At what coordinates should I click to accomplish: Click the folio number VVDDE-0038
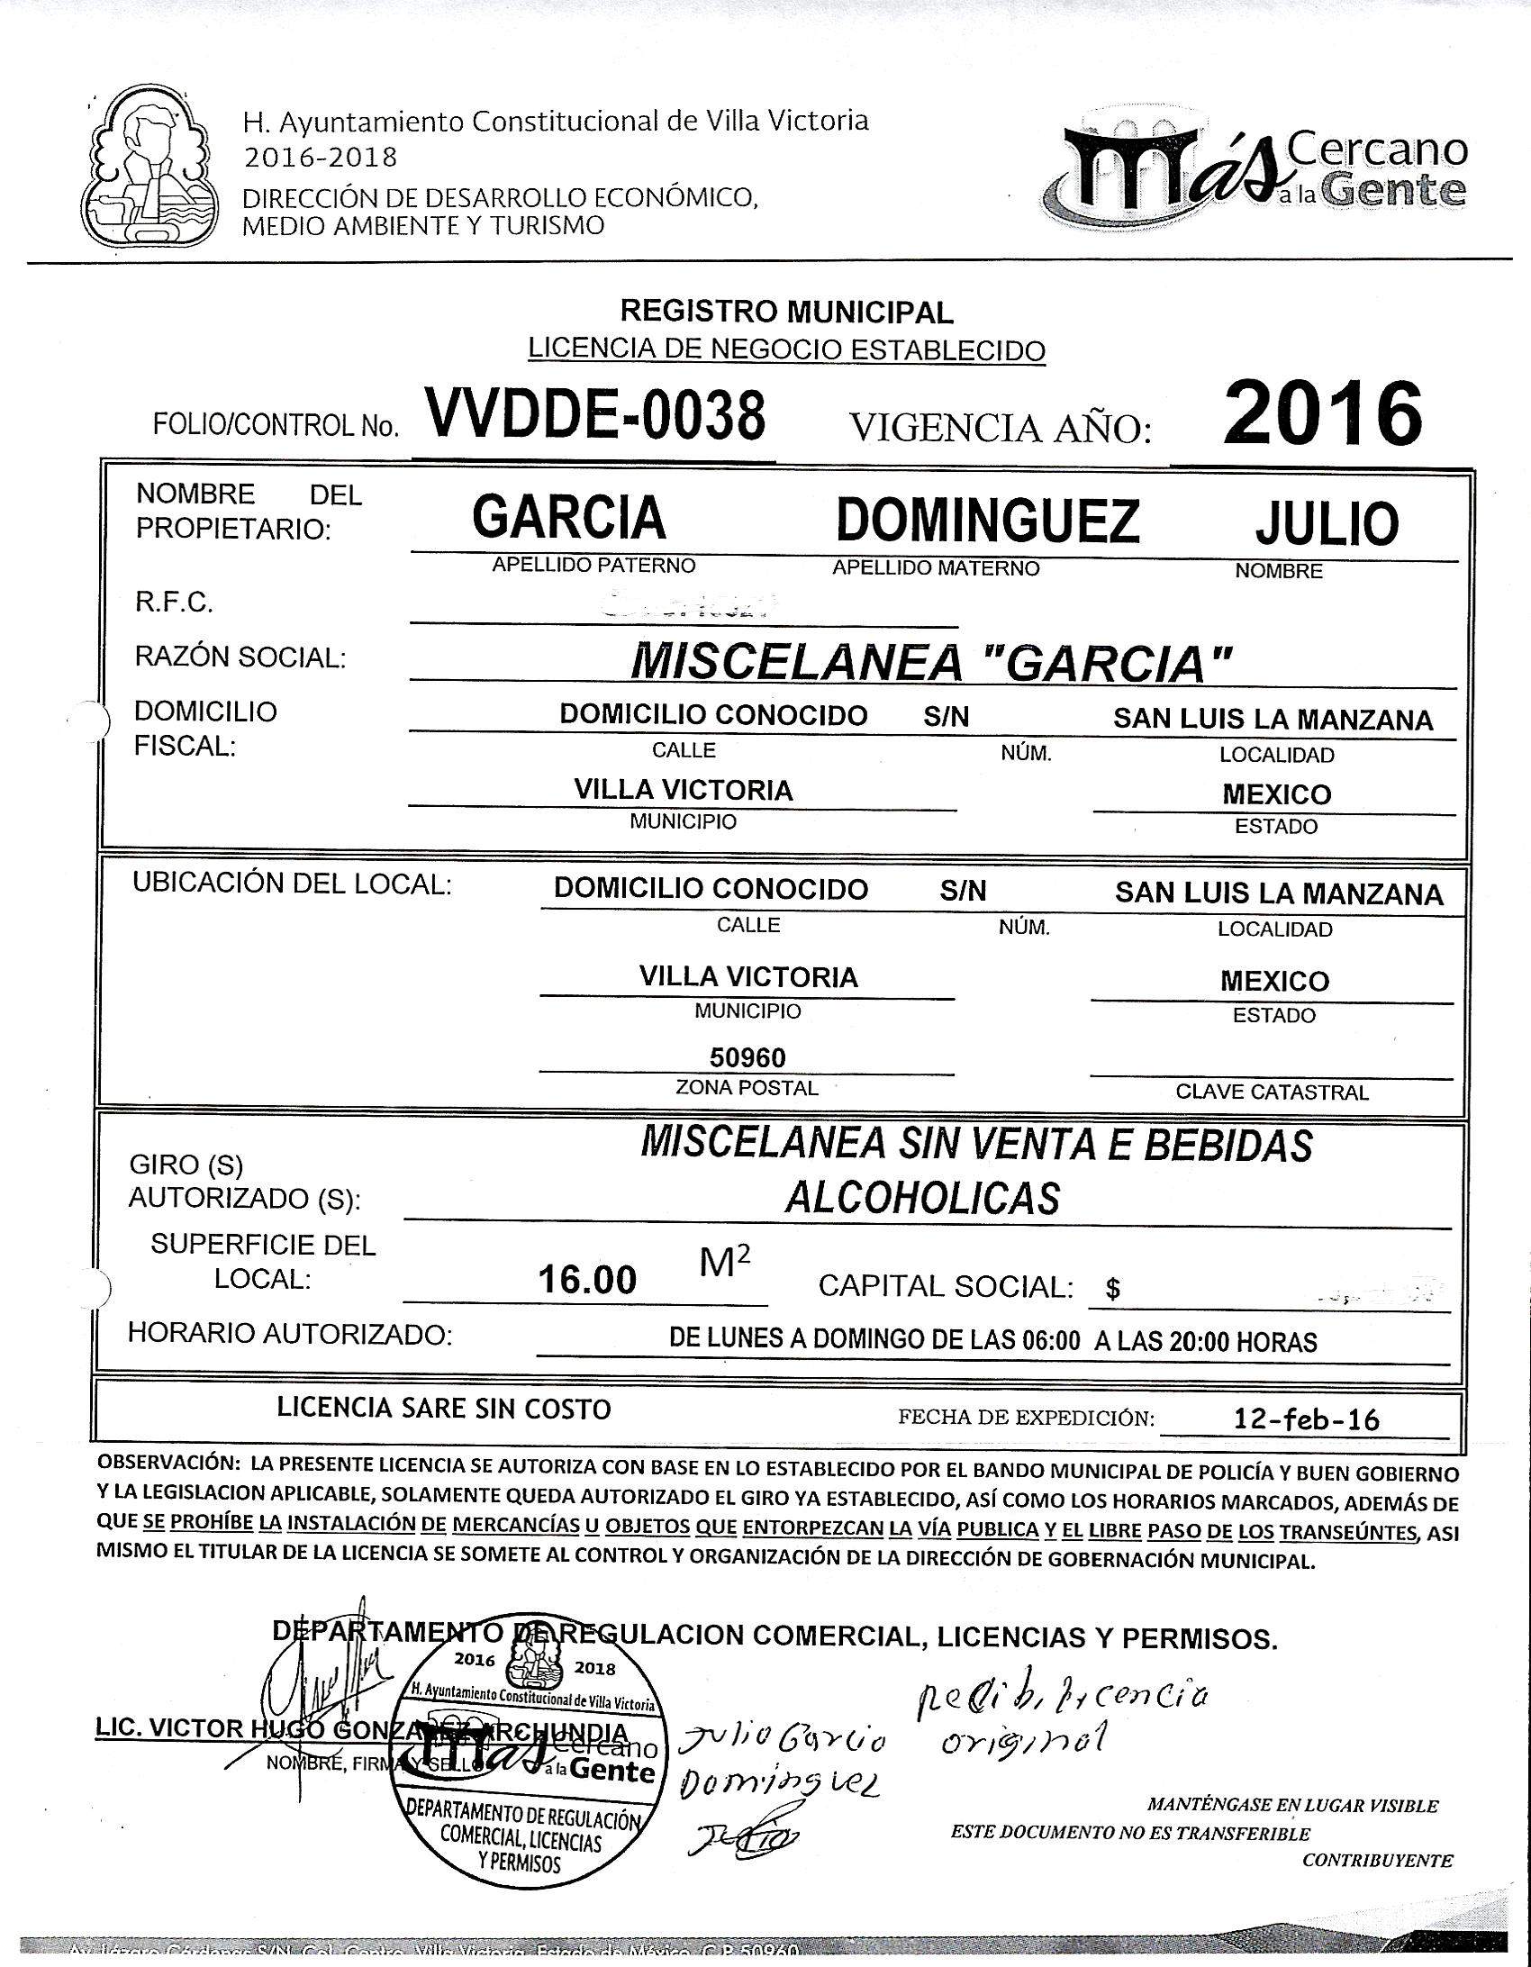[597, 416]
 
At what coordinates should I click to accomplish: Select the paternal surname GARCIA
[569, 518]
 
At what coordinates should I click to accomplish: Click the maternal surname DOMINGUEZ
[987, 521]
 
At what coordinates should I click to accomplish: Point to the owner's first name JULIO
[1326, 524]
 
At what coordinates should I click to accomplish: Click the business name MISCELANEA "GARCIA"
[930, 664]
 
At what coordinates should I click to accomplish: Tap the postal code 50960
[747, 1057]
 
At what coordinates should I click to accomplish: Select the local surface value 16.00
[587, 1279]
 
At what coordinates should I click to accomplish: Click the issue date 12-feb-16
[1307, 1420]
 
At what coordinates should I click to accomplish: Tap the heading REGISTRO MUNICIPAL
[786, 313]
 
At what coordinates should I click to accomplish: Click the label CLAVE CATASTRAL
[1272, 1092]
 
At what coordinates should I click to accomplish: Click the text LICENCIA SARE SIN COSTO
[444, 1409]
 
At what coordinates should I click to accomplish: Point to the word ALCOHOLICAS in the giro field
[922, 1198]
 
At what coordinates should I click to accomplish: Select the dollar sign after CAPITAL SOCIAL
[1113, 1290]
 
